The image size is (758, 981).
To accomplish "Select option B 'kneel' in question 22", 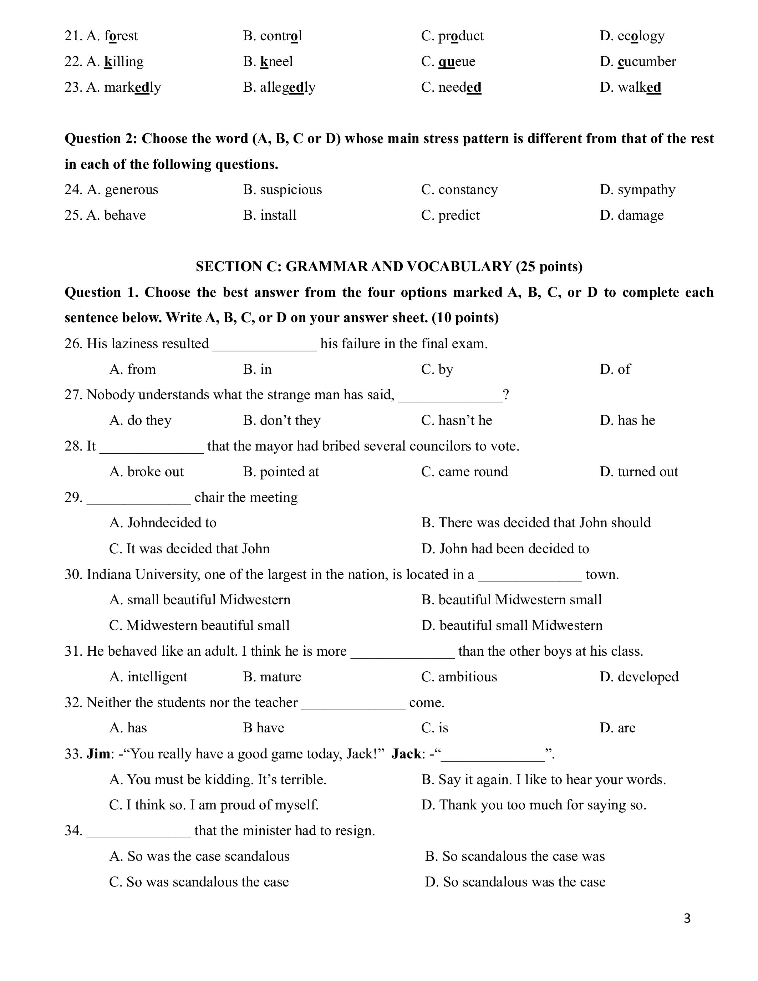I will (276, 62).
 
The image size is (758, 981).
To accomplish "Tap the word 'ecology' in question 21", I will (640, 36).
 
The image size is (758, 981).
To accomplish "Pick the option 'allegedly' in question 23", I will (288, 87).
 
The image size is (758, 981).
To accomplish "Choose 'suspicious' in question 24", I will (290, 189).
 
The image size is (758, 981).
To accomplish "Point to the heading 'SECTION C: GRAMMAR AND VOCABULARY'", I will (389, 267).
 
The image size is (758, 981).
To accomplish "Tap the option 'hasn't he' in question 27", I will (465, 421).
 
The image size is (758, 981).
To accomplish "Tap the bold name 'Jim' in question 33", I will (98, 754).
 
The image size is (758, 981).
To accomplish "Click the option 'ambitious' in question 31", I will (468, 677).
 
